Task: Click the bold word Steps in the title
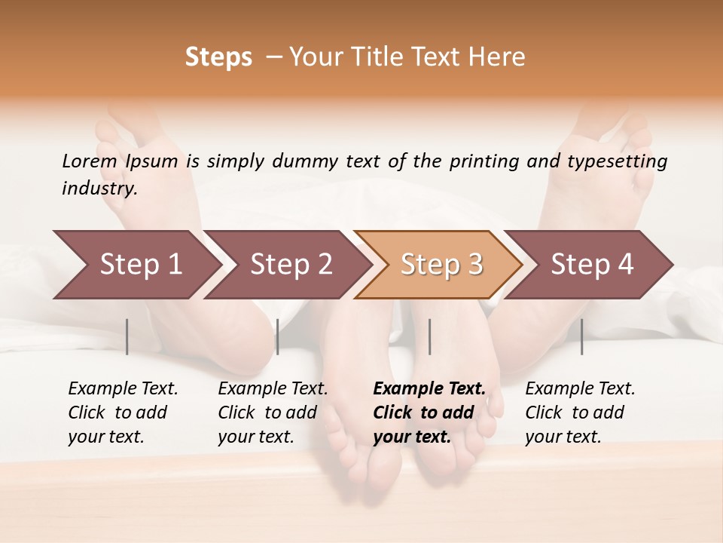(218, 57)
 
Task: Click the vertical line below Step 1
(127, 336)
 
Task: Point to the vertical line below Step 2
(278, 336)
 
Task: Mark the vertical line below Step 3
(430, 336)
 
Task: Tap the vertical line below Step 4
(582, 336)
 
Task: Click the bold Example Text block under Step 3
(429, 413)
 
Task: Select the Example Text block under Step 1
(123, 413)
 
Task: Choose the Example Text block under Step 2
(273, 413)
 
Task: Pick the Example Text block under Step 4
(580, 413)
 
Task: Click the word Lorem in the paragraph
(90, 161)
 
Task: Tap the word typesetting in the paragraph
(617, 161)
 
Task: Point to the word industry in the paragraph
(99, 189)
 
